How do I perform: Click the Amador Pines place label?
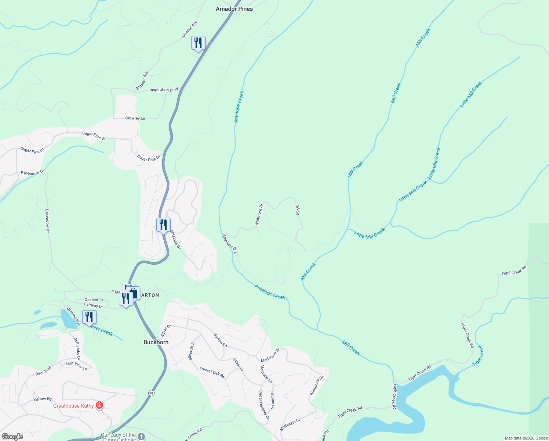click(x=234, y=9)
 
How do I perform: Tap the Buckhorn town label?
click(x=156, y=342)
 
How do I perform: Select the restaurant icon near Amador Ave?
click(x=198, y=43)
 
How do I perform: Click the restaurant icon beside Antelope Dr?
click(x=163, y=225)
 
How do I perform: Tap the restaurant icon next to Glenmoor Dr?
click(x=89, y=317)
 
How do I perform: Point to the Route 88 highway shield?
click(x=151, y=393)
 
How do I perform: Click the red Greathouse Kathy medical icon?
click(x=99, y=406)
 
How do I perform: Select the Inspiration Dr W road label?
click(x=164, y=90)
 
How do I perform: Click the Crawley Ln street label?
click(x=135, y=118)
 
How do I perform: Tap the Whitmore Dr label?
click(x=259, y=214)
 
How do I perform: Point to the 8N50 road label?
click(x=298, y=210)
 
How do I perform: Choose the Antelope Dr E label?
click(x=230, y=244)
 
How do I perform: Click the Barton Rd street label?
click(x=220, y=340)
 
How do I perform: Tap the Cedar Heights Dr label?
click(x=264, y=405)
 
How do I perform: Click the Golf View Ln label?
click(x=77, y=366)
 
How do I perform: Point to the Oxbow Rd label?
click(x=43, y=399)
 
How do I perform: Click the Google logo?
click(x=12, y=436)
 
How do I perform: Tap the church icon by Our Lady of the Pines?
click(x=141, y=437)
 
